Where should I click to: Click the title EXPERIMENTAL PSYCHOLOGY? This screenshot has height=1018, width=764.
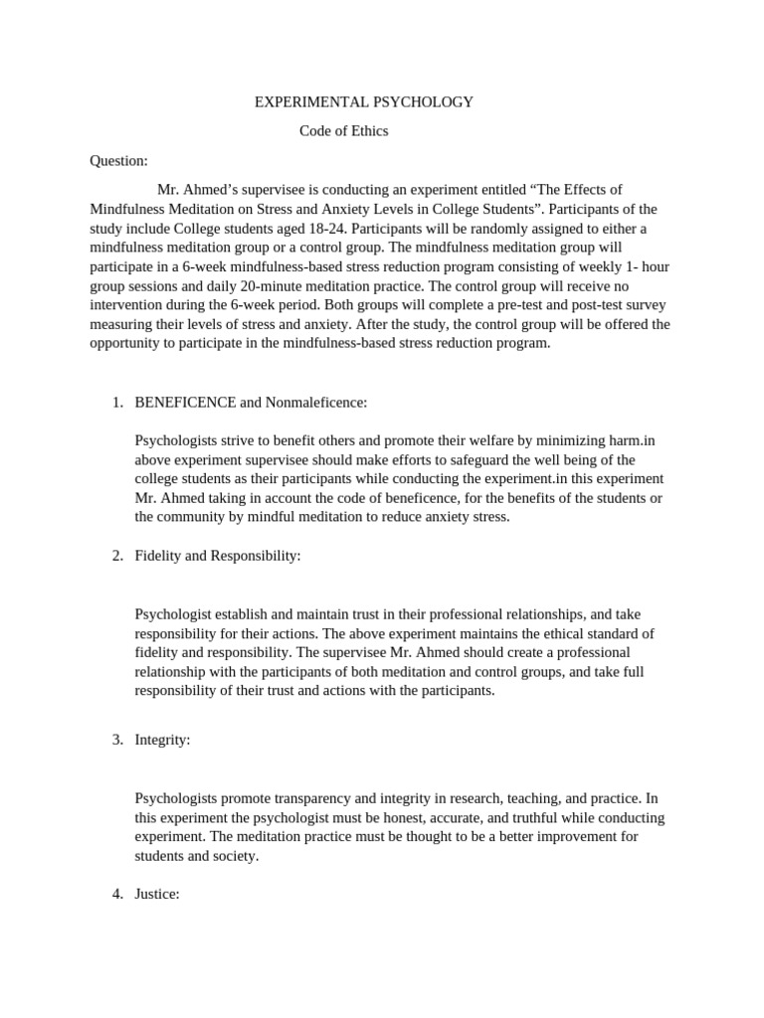click(x=364, y=102)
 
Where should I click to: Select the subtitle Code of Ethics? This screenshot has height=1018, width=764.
click(x=344, y=131)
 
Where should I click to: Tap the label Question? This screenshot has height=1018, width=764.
click(x=118, y=161)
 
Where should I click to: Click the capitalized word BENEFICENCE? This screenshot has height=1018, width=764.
click(x=185, y=403)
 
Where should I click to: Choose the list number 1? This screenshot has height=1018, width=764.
click(x=116, y=403)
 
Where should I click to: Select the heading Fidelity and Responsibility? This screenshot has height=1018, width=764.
click(x=217, y=556)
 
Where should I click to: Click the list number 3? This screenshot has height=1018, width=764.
click(x=116, y=741)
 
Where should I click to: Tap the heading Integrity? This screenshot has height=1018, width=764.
click(x=162, y=741)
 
